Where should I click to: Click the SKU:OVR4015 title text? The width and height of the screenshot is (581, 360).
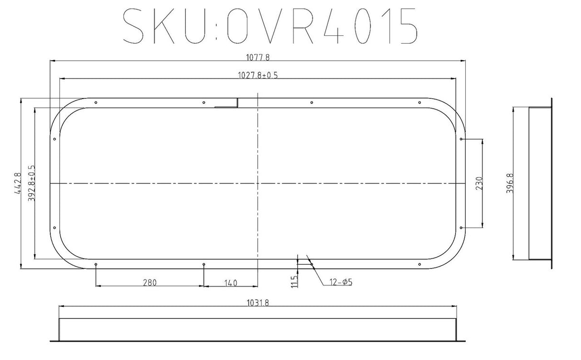269,25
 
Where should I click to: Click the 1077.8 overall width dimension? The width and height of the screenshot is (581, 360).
258,57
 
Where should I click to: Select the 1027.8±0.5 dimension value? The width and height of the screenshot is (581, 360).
258,75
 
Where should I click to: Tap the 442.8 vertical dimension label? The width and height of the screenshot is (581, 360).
19,183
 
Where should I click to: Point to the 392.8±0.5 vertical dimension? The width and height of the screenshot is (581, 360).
32,183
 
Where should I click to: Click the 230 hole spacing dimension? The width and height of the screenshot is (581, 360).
480,183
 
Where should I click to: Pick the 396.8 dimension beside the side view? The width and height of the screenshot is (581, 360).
510,183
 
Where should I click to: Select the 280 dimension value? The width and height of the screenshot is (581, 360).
150,282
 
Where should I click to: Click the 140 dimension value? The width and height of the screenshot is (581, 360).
230,282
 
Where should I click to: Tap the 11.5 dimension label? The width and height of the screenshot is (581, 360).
294,281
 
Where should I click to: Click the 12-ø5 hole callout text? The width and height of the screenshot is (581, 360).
340,282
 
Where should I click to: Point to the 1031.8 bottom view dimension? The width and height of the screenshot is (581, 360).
258,302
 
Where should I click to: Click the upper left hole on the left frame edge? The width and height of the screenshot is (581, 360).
55,139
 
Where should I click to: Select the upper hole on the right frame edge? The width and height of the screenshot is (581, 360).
461,139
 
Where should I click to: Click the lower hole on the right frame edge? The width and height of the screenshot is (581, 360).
461,228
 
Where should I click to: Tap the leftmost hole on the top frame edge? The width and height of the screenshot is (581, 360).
96,102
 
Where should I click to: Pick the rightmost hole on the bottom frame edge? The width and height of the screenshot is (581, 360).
419,264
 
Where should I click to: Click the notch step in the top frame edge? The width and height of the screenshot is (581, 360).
237,103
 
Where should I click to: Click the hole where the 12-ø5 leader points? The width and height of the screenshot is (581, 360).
312,264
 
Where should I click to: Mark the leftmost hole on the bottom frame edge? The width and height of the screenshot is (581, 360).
96,264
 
